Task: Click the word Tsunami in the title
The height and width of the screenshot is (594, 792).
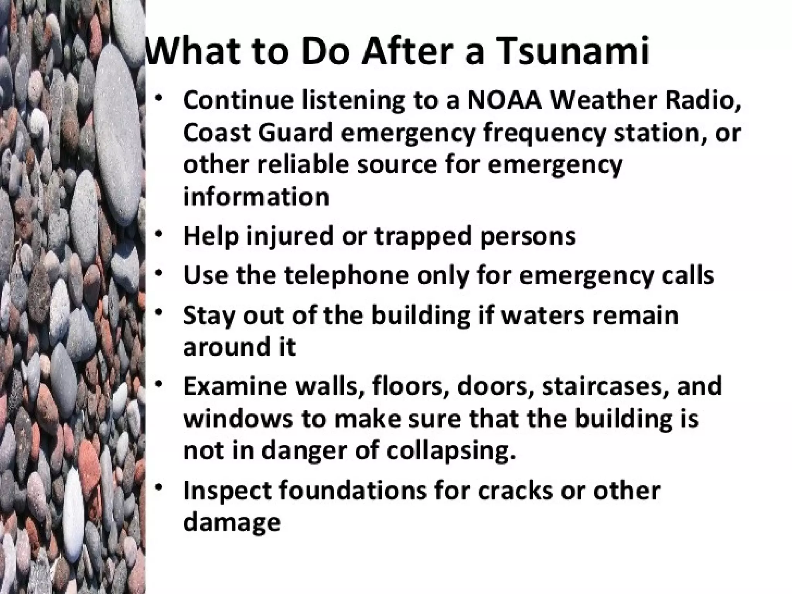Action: click(x=573, y=51)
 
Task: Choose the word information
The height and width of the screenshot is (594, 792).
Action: click(x=256, y=196)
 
